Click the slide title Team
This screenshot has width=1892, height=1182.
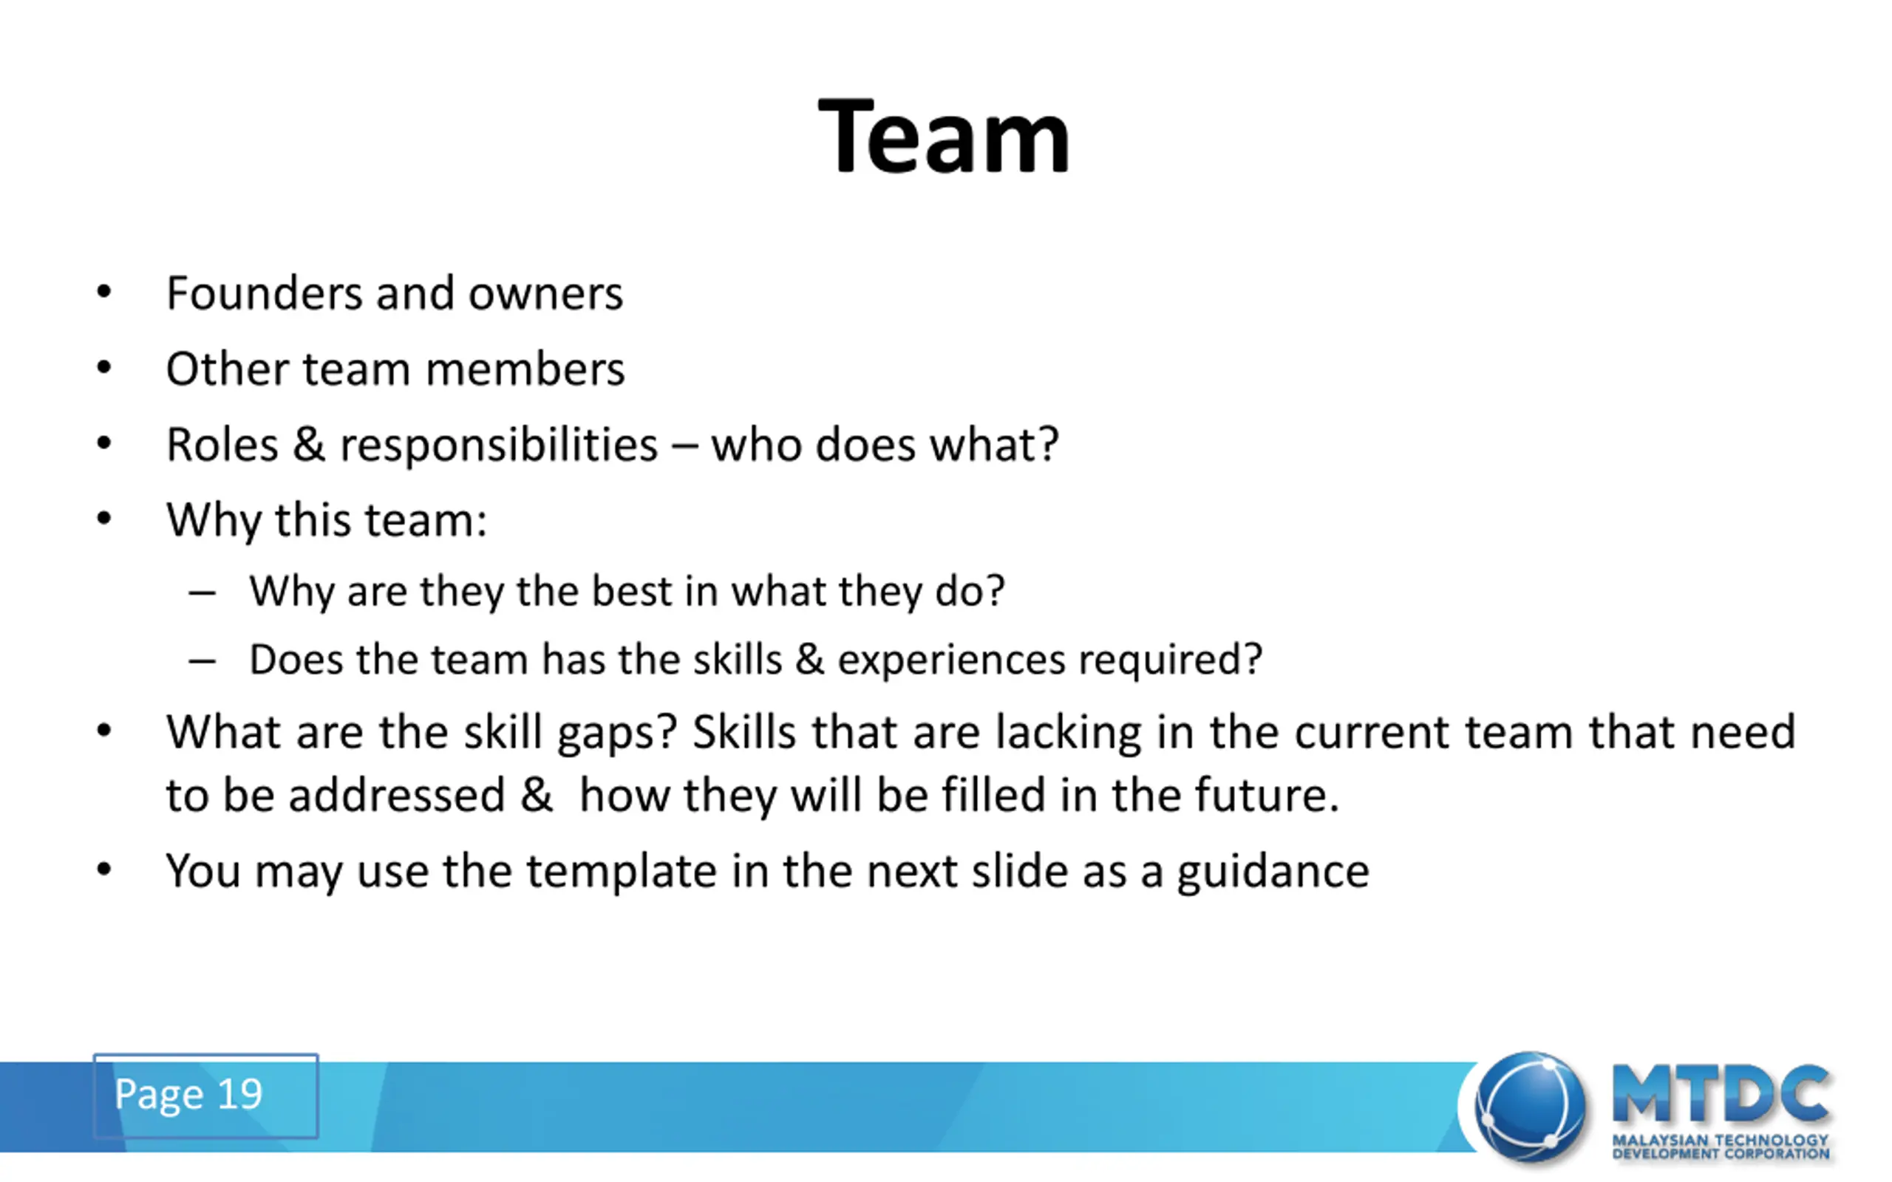pyautogui.click(x=944, y=136)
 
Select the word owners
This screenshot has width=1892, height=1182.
pyautogui.click(x=545, y=295)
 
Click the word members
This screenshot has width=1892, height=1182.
pyautogui.click(x=525, y=369)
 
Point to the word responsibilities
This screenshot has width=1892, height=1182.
pyautogui.click(x=499, y=446)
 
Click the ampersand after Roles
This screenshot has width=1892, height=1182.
pyautogui.click(x=309, y=445)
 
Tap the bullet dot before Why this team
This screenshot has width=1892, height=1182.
pyautogui.click(x=104, y=519)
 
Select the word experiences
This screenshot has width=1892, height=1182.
pyautogui.click(x=951, y=661)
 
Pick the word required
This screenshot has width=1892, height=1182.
pyautogui.click(x=1170, y=661)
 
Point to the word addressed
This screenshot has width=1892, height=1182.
pyautogui.click(x=396, y=795)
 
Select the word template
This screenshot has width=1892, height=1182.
pyautogui.click(x=622, y=872)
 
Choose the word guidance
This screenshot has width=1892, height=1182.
pyautogui.click(x=1273, y=872)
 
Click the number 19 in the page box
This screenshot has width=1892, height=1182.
pyautogui.click(x=239, y=1093)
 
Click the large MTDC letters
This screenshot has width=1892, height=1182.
pyautogui.click(x=1721, y=1093)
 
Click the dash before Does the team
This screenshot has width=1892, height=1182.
pyautogui.click(x=202, y=661)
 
